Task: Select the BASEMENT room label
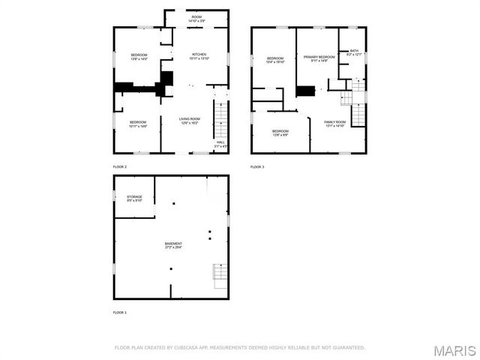(173, 245)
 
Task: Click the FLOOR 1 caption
(120, 312)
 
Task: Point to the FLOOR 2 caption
(120, 166)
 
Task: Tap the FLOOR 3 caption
(257, 166)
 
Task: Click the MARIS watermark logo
(459, 351)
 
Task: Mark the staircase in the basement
(219, 275)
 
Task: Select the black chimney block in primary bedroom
(305, 91)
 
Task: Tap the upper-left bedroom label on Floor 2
(139, 56)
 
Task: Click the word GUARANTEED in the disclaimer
(348, 347)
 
